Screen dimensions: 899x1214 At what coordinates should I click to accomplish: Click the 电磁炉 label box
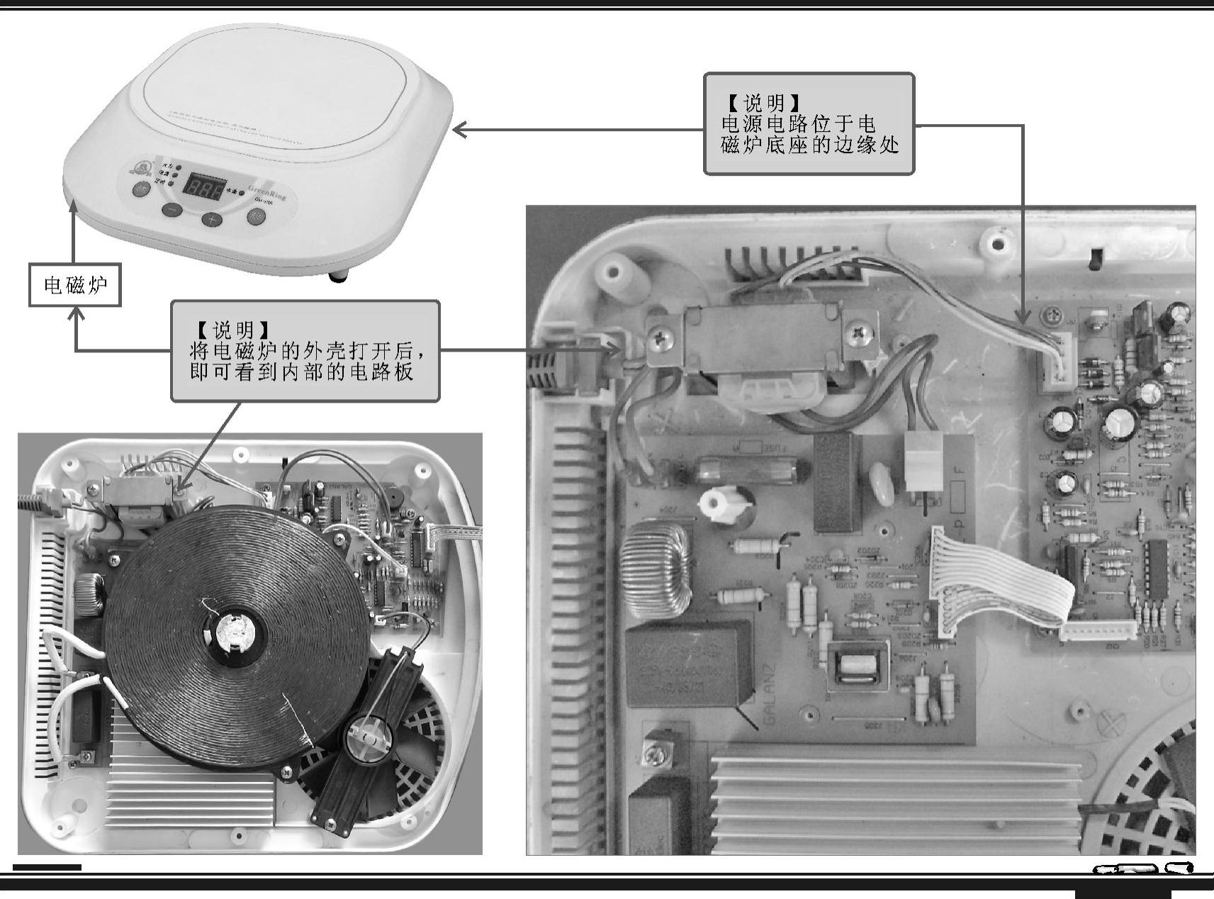click(x=74, y=285)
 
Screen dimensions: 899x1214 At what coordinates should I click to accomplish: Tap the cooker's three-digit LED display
click(x=205, y=186)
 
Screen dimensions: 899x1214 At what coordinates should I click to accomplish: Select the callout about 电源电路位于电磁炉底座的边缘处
click(x=809, y=124)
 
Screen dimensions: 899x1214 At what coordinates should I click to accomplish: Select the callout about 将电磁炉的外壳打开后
click(x=305, y=351)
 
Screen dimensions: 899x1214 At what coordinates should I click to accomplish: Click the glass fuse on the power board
click(x=752, y=469)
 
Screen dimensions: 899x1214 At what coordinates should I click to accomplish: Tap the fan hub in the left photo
click(x=366, y=739)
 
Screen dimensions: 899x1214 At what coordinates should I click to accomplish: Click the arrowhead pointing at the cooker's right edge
click(x=459, y=130)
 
